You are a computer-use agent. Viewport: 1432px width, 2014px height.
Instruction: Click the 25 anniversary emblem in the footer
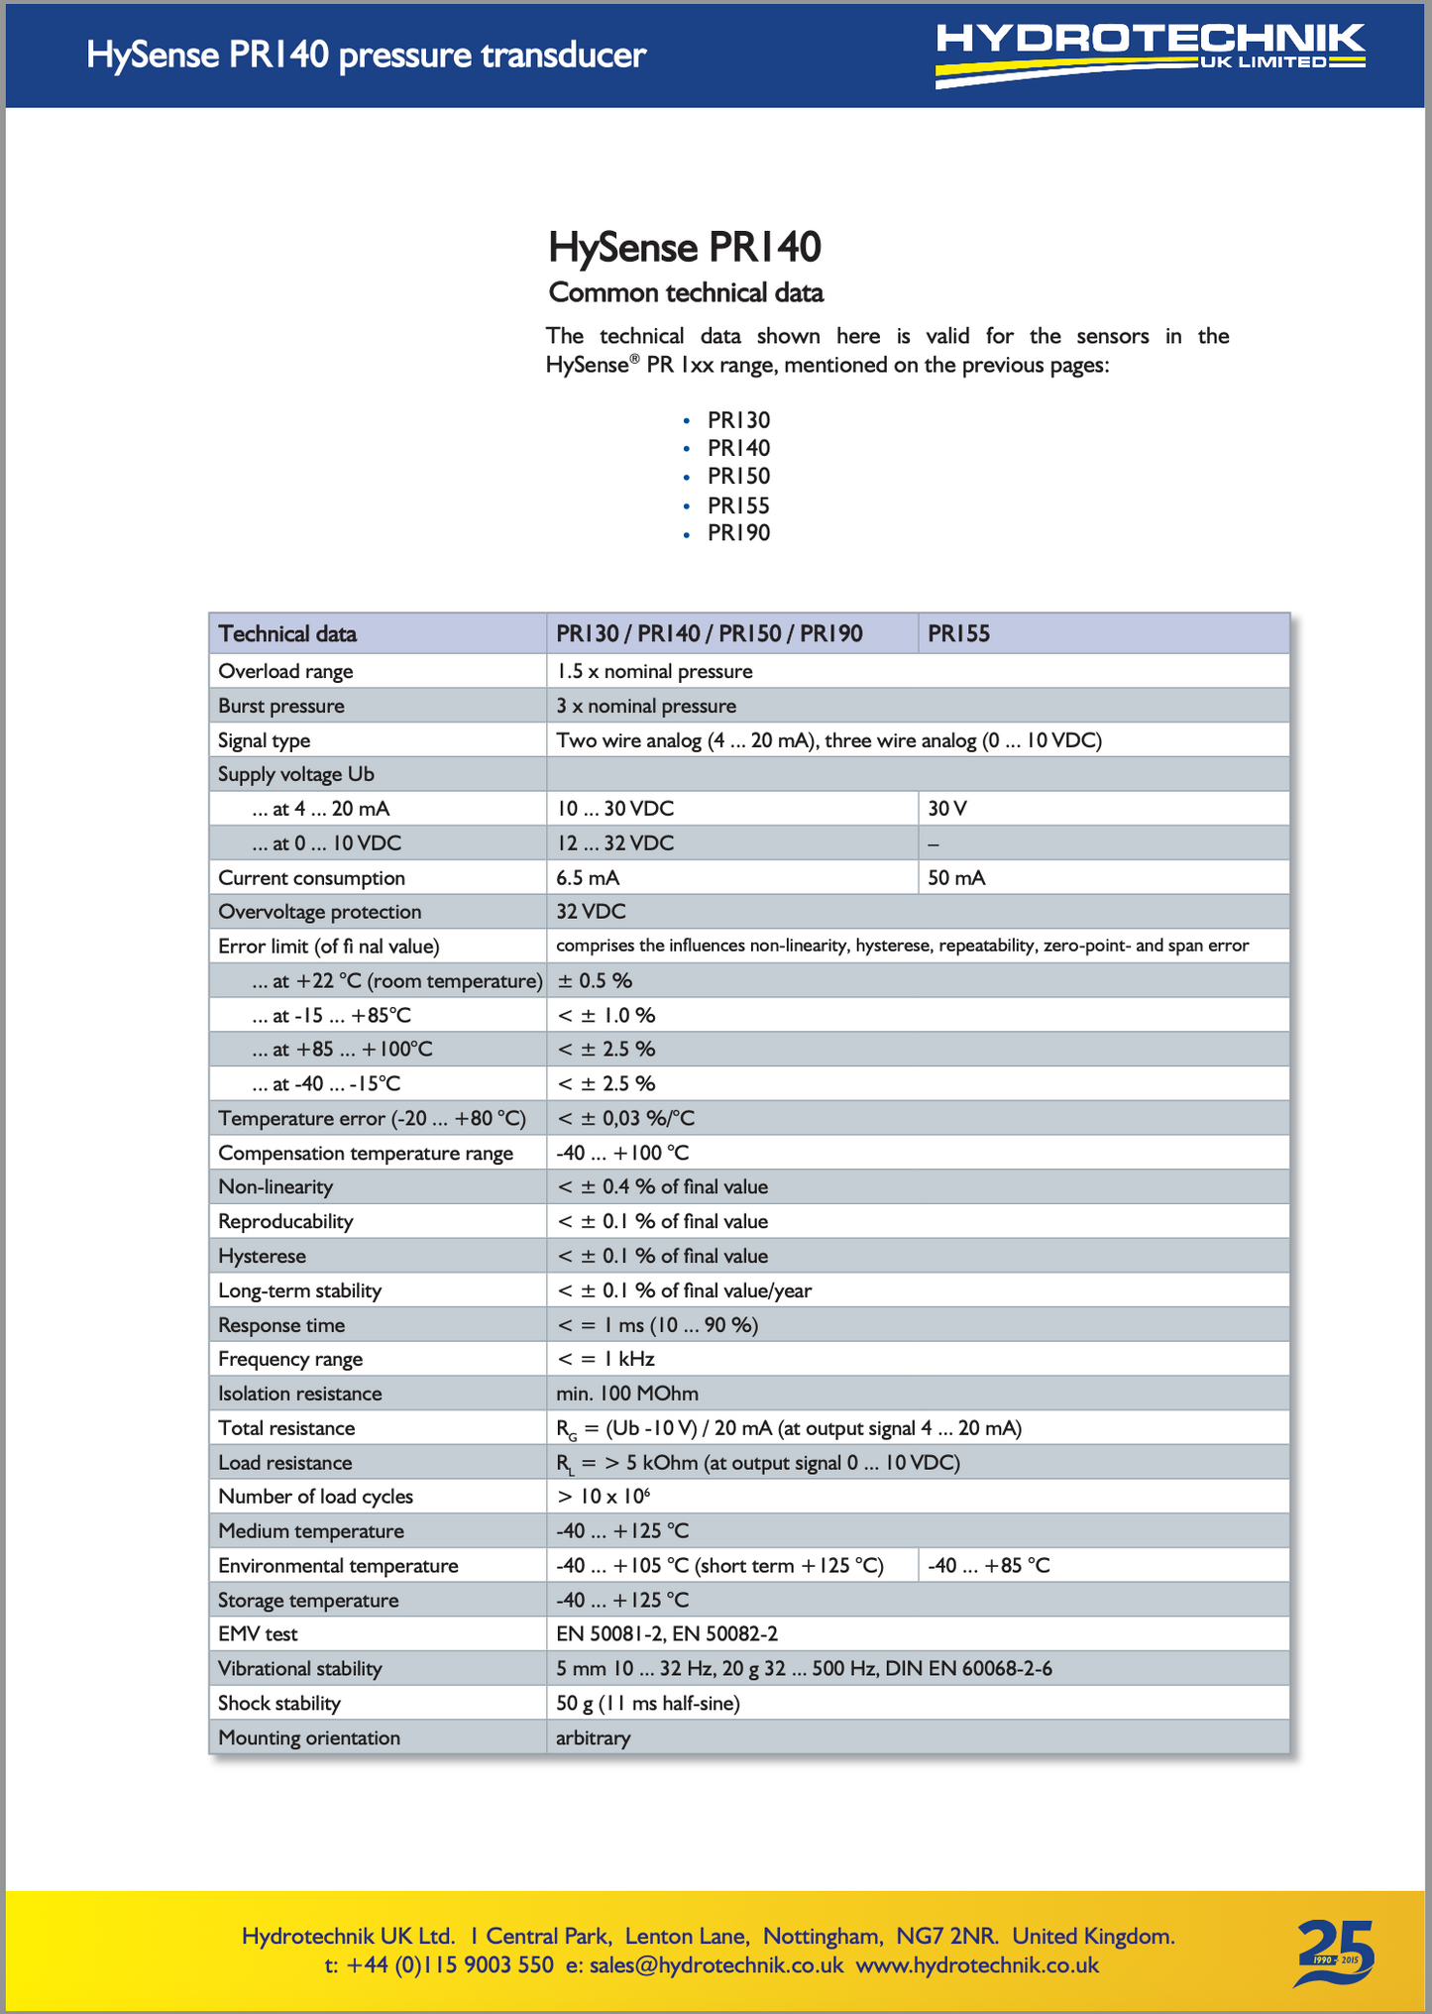[1336, 1952]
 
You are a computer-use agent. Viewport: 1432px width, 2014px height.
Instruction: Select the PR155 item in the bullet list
[738, 505]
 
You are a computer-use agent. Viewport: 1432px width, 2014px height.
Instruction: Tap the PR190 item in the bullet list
[738, 533]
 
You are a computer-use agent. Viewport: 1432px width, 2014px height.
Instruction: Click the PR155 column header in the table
[958, 634]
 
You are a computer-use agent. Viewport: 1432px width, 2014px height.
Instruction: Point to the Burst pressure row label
[281, 706]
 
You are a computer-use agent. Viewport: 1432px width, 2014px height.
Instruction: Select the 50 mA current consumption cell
[956, 878]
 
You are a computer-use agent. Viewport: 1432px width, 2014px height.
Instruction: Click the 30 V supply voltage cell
[947, 809]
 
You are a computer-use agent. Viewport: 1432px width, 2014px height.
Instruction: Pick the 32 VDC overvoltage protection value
[591, 912]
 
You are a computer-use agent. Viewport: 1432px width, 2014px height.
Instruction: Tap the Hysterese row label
[262, 1256]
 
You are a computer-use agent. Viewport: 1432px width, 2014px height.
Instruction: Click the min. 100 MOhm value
[626, 1394]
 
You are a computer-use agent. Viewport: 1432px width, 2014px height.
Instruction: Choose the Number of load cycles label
[315, 1497]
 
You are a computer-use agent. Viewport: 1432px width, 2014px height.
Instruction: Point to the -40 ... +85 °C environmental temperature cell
[988, 1566]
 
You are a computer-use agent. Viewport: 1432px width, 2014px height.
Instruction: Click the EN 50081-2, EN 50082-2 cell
[666, 1634]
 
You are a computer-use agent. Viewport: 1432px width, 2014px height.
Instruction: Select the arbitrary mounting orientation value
[593, 1737]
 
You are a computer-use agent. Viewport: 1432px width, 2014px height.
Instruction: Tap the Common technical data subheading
[686, 293]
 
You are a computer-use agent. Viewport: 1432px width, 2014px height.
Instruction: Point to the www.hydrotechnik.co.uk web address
[977, 1965]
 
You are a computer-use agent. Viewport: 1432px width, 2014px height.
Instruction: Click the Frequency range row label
[290, 1359]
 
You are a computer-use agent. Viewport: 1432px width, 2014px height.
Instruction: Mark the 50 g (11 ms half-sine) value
[648, 1704]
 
